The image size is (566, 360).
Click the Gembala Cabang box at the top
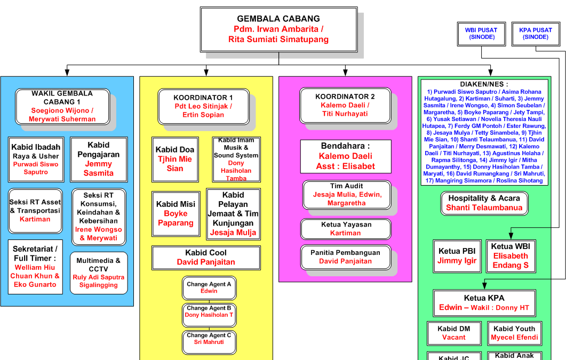(x=278, y=29)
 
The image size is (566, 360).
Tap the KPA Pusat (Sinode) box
(x=536, y=34)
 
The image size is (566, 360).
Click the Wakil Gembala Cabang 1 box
(x=63, y=106)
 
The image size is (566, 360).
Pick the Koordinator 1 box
(x=203, y=106)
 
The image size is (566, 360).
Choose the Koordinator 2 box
(x=345, y=105)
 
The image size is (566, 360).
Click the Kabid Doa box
(x=174, y=159)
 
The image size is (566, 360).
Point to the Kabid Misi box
(x=176, y=213)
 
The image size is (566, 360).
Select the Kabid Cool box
(x=205, y=257)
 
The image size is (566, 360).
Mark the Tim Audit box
(x=347, y=195)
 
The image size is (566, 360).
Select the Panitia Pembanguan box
(x=346, y=257)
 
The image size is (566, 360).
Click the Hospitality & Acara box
(x=484, y=203)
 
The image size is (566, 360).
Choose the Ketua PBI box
(x=457, y=256)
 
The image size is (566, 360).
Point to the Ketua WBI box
(x=511, y=256)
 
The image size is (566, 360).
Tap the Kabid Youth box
(x=514, y=333)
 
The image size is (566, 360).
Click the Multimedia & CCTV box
(x=99, y=273)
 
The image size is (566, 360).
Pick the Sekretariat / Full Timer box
(x=35, y=267)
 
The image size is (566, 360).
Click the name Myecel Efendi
(x=514, y=338)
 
